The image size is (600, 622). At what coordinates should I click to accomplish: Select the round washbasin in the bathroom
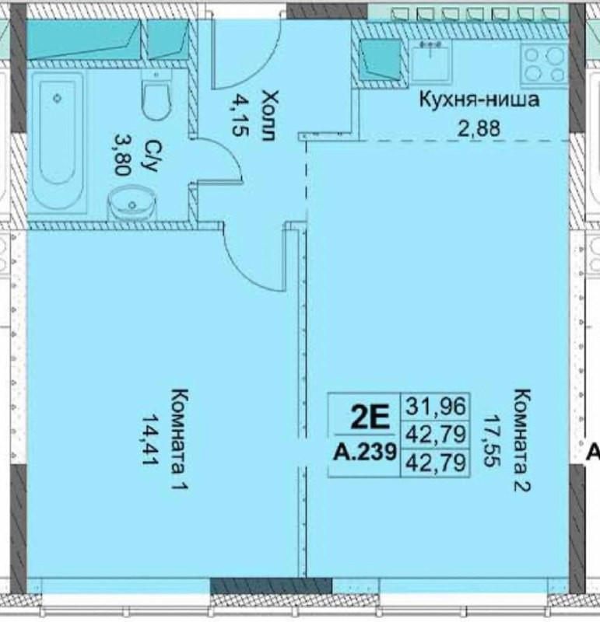click(x=129, y=204)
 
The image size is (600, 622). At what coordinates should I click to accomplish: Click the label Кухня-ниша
click(x=479, y=100)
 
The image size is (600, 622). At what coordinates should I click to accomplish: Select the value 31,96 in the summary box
click(x=436, y=405)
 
